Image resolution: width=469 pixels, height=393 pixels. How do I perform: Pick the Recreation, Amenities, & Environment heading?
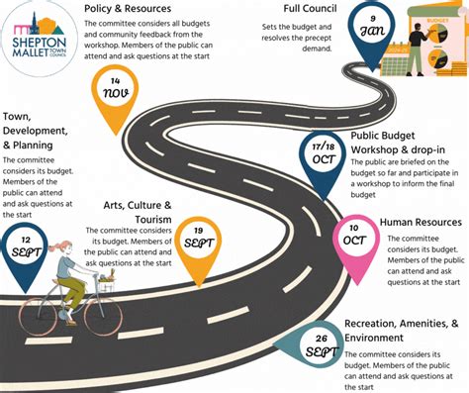[400, 331]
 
